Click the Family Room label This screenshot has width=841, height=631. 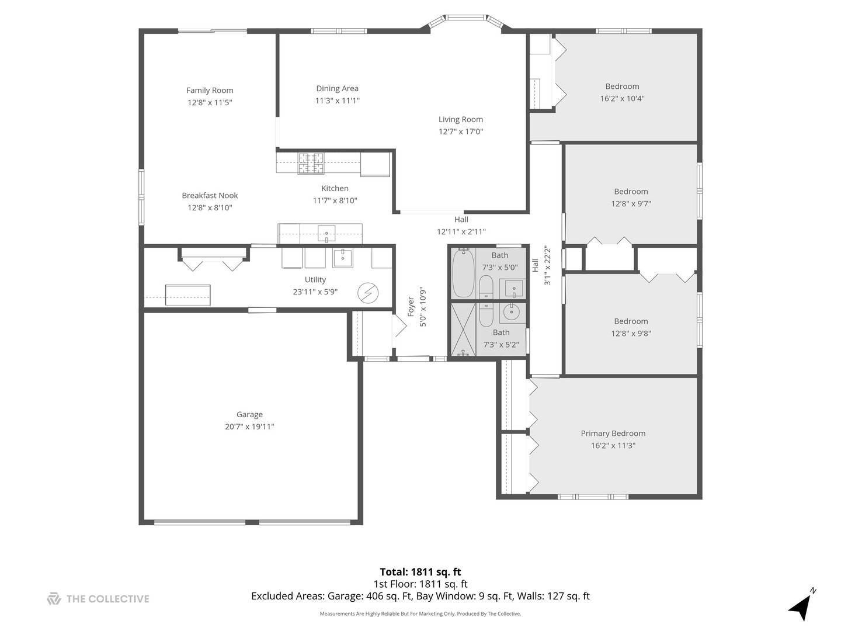coord(210,91)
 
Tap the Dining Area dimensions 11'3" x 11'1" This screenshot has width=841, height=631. coord(337,100)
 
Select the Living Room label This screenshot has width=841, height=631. coord(461,120)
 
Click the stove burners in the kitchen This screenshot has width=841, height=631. coord(311,164)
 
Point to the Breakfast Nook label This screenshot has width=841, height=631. coord(210,196)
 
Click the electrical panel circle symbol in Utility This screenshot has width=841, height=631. coord(367,293)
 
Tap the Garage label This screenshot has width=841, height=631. coord(249,415)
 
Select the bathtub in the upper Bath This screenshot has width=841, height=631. coord(463,273)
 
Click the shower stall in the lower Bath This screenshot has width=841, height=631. coord(463,330)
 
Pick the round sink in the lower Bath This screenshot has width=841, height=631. coord(512,313)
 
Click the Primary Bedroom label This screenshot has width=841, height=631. coord(613,434)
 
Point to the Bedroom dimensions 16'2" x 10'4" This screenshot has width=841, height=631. coord(622,99)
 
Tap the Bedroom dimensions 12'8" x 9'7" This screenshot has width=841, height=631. coord(631,204)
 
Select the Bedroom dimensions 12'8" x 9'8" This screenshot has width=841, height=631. coord(631,334)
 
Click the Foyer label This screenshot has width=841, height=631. coord(411,307)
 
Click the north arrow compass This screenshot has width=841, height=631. coord(801,606)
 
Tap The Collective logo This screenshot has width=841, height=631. coord(98,599)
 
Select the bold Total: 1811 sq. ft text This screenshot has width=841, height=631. coord(420,572)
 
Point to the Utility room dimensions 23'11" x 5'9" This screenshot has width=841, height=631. coord(315,292)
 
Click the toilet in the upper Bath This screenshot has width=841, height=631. coord(486,286)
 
